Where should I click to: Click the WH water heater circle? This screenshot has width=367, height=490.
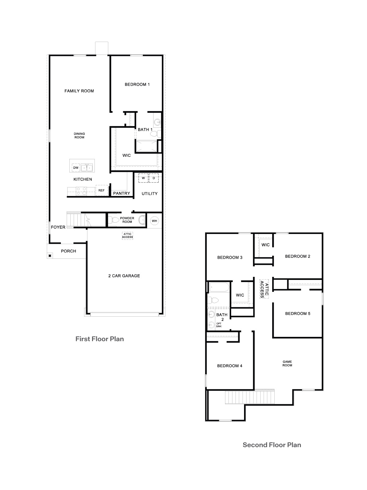(154, 221)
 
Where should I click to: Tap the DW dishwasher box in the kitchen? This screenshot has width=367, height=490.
(76, 168)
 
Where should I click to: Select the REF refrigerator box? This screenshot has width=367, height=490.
(102, 190)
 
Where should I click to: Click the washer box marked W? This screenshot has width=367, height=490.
(143, 178)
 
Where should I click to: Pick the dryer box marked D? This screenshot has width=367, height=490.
(154, 178)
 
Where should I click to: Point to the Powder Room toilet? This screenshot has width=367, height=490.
(114, 220)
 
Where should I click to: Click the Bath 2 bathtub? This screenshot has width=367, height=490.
(219, 287)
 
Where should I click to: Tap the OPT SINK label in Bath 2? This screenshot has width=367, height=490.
(219, 325)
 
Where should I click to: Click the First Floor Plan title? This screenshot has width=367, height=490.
(100, 339)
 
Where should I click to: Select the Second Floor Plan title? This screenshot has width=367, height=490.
(272, 445)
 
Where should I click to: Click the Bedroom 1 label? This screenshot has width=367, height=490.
(137, 85)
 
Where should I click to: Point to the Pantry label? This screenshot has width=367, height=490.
(121, 193)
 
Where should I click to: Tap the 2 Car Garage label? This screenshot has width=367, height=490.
(124, 276)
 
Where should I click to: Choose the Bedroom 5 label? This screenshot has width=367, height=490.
(298, 313)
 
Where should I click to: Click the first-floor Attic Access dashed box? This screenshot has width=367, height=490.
(128, 236)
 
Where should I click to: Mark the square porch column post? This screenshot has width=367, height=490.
(50, 256)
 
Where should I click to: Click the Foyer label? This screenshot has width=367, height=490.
(58, 227)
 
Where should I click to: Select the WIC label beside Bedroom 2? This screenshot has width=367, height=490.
(265, 245)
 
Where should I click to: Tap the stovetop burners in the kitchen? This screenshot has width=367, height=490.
(81, 191)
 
